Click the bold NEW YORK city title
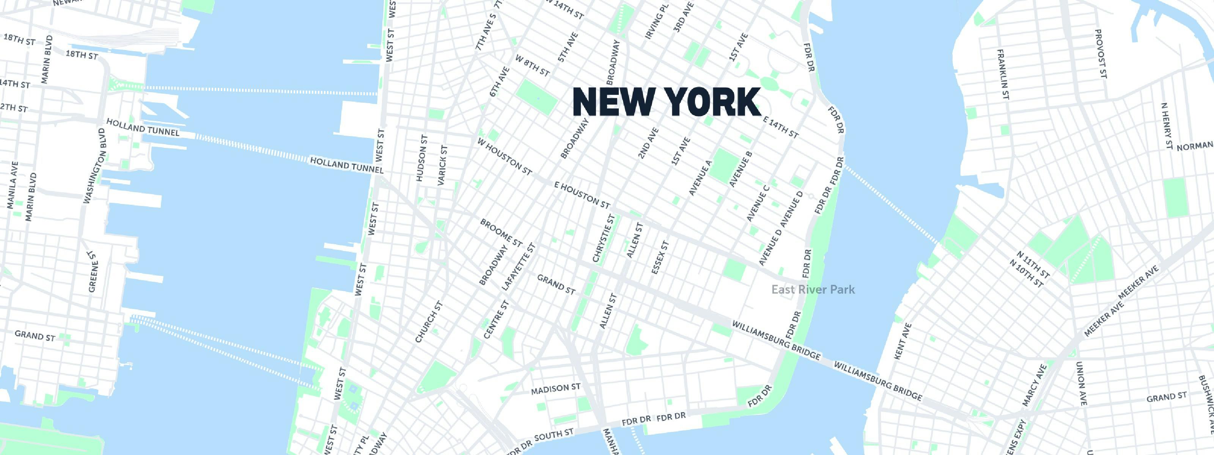coord(667,102)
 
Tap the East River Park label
coord(813,289)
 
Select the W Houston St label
coord(504,156)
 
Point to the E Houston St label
coord(582,195)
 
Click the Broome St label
coord(501,233)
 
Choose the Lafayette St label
coord(519,267)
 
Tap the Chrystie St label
coord(604,238)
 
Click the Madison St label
coord(556,389)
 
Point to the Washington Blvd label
coord(94,166)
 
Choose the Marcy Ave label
coord(1034,385)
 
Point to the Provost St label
coord(1101,54)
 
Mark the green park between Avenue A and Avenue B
coord(725,166)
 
